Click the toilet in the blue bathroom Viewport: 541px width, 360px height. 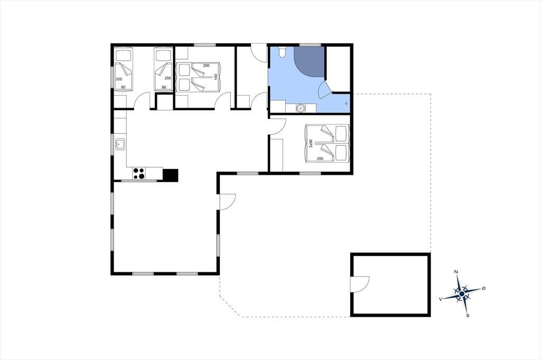(x=282, y=52)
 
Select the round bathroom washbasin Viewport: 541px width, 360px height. (x=301, y=108)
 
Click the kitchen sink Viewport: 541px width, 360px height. (x=120, y=144)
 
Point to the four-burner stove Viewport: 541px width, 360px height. (x=139, y=174)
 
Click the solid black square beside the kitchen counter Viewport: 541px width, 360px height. (x=171, y=175)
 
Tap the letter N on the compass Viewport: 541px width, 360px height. (x=456, y=272)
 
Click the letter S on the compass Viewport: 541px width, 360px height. (x=468, y=315)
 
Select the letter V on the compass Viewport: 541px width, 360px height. (x=440, y=299)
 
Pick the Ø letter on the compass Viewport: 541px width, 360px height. (x=483, y=288)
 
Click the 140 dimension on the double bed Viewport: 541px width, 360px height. (x=216, y=77)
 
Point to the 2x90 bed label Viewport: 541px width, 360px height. (x=311, y=144)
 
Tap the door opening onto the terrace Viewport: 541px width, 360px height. (x=227, y=202)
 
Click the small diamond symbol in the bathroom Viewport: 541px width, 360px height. (x=346, y=103)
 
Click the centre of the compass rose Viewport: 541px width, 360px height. (x=462, y=294)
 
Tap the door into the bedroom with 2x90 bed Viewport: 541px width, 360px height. (x=277, y=126)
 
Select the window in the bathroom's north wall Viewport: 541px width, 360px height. (x=310, y=44)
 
